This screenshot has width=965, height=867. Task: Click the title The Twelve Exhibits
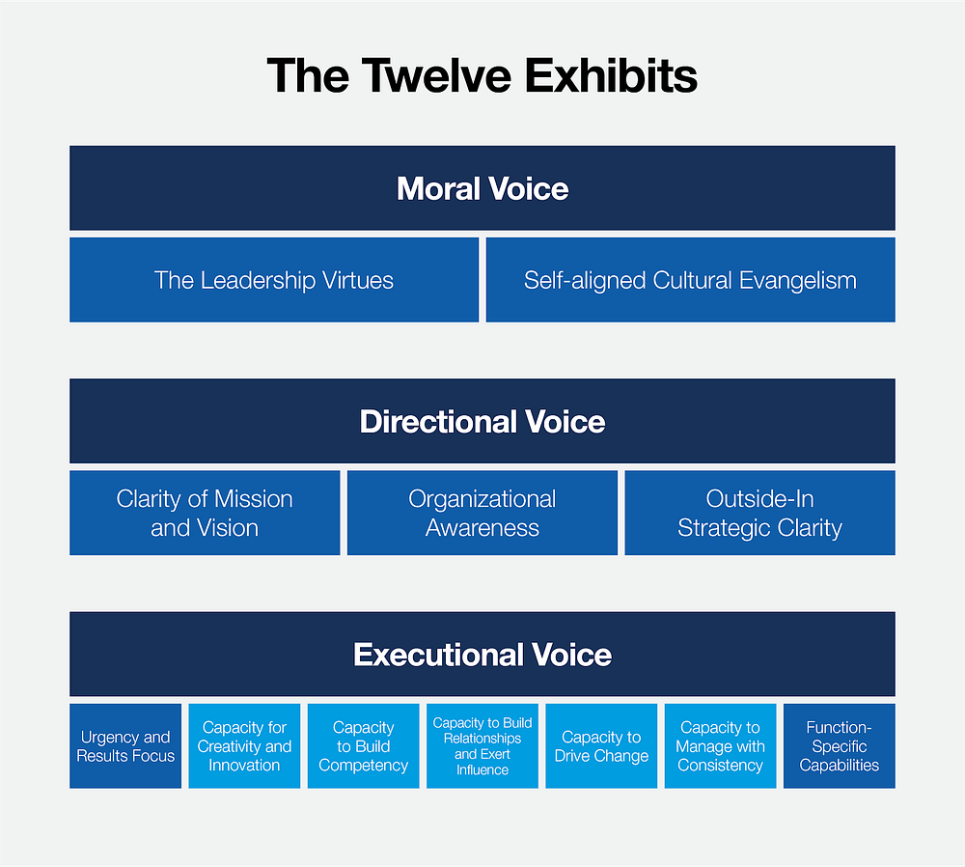(x=482, y=75)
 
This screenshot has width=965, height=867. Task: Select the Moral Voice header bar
(x=482, y=188)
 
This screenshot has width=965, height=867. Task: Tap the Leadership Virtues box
(x=274, y=280)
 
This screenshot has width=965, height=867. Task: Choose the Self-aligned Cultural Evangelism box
(x=690, y=280)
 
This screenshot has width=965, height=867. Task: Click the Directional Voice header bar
(x=482, y=421)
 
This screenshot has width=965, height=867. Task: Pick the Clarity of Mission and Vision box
(x=205, y=513)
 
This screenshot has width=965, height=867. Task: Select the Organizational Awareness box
(x=482, y=513)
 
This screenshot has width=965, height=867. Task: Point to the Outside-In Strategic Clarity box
(x=759, y=513)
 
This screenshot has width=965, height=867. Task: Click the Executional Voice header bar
(x=482, y=655)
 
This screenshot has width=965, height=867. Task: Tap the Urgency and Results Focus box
(x=125, y=746)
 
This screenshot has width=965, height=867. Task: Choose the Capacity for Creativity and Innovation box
(x=244, y=746)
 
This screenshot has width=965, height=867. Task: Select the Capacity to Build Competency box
(x=364, y=746)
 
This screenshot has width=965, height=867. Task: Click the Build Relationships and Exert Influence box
(x=482, y=746)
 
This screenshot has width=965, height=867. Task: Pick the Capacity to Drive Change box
(x=601, y=746)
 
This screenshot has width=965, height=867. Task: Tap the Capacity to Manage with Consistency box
(x=720, y=746)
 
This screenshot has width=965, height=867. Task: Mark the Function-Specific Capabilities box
(x=840, y=746)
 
